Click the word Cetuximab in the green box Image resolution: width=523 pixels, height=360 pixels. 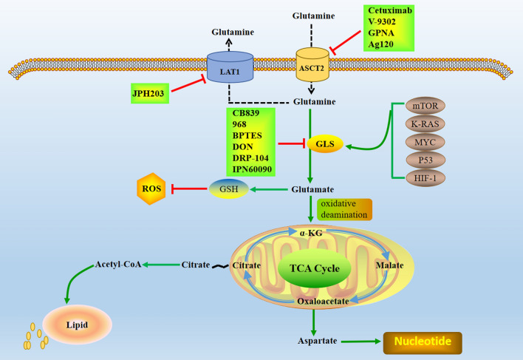389,13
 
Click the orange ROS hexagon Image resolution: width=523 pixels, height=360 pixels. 150,189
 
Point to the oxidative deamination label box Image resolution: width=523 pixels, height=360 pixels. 344,208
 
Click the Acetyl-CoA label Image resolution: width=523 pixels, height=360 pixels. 119,264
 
